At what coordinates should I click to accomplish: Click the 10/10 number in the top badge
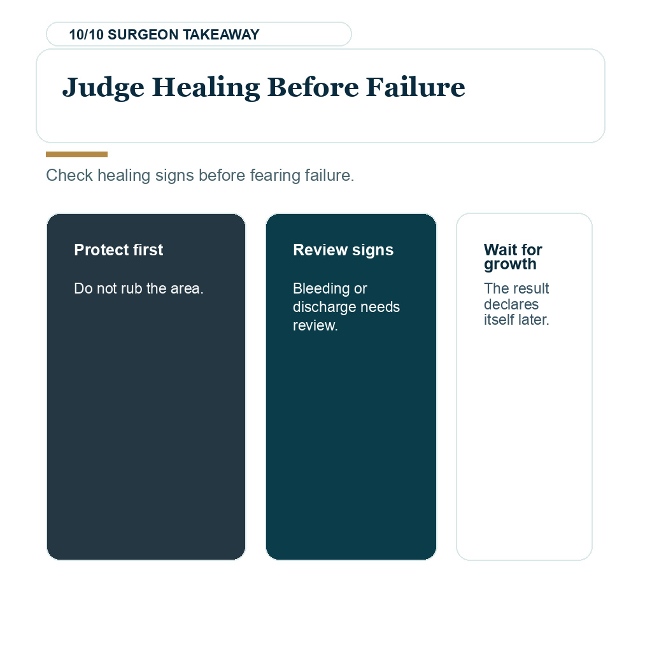tap(86, 34)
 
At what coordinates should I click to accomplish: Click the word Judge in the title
tap(103, 88)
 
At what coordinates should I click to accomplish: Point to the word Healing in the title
tap(206, 88)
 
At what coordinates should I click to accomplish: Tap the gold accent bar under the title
tap(76, 154)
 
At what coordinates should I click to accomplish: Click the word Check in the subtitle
tap(69, 175)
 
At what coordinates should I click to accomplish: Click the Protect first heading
tap(118, 250)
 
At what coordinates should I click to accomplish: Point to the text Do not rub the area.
tap(139, 288)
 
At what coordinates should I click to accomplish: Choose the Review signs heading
tap(343, 250)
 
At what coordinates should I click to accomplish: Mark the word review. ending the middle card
tap(315, 325)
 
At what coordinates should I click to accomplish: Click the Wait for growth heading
tap(513, 257)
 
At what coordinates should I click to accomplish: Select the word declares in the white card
tap(511, 304)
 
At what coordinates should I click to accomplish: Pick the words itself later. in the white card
tap(516, 320)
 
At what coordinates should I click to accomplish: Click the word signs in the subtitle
tap(174, 176)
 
